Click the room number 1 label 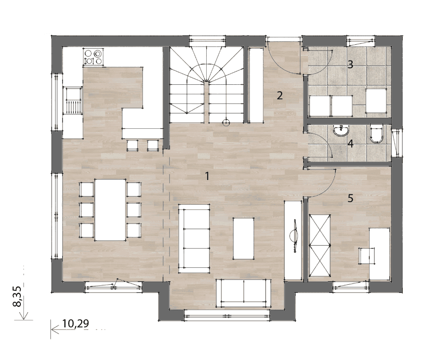coord(207,176)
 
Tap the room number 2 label coord(280,95)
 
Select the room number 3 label coord(350,64)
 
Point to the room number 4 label coord(350,143)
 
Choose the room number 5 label coord(350,198)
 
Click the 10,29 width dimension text coord(76,323)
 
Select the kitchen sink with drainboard coord(73,100)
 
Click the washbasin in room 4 coord(341,131)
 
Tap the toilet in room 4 coord(377,133)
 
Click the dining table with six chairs coord(110,210)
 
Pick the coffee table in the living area coord(243,239)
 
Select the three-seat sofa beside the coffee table coord(194,239)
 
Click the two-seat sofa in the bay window coord(244,293)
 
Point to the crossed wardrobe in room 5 coord(320,245)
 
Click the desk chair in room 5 coord(367,256)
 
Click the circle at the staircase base coord(226,123)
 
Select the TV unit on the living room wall coord(293,240)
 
